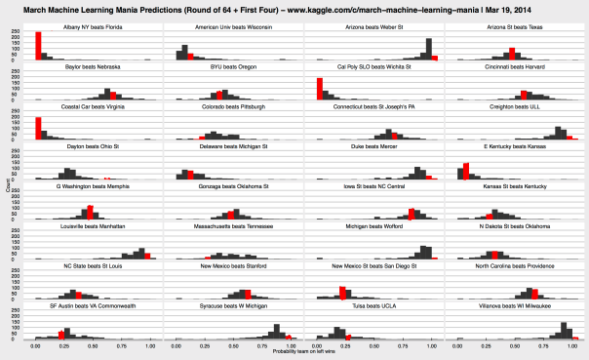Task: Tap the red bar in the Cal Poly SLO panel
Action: coord(320,90)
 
